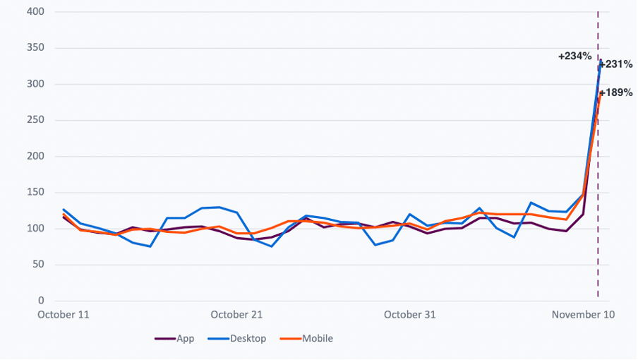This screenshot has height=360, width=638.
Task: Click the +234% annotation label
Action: click(574, 56)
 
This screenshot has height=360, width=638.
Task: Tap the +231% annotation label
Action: click(616, 64)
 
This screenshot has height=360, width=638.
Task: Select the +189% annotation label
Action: click(616, 92)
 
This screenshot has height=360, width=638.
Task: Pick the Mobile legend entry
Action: click(317, 339)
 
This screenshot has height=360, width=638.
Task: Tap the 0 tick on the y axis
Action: click(40, 301)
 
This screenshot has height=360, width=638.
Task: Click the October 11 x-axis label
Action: click(64, 315)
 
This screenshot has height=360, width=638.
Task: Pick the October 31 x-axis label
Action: click(409, 315)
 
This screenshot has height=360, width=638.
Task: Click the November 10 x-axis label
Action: click(582, 315)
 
